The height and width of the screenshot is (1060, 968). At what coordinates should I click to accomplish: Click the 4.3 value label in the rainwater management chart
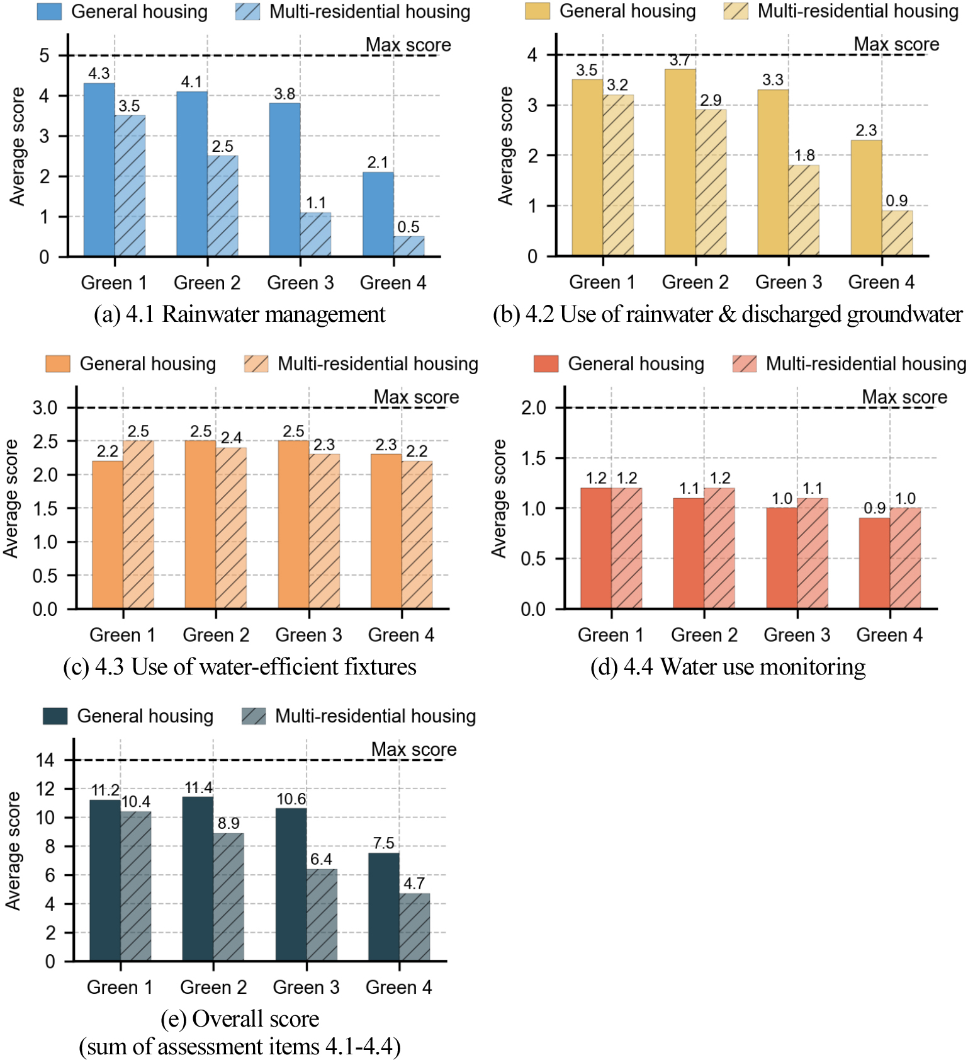point(99,73)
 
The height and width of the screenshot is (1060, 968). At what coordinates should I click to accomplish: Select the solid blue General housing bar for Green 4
point(378,214)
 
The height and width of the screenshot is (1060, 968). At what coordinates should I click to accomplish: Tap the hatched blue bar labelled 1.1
point(315,234)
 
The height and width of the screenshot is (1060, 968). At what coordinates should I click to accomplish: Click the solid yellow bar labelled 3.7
point(680,162)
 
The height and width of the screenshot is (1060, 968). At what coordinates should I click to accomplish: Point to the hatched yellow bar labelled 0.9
point(897,233)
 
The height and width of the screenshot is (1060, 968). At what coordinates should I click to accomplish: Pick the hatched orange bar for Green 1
point(138,524)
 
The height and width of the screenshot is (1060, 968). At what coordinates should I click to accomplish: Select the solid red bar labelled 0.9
point(875,563)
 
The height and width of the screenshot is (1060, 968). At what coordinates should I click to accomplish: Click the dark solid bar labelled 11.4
point(198,879)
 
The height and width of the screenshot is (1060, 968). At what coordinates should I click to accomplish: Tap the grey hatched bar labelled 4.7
point(415,927)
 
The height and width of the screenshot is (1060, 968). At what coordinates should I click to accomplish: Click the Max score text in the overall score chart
point(414,749)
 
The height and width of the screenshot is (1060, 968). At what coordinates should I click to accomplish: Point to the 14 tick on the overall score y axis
point(45,760)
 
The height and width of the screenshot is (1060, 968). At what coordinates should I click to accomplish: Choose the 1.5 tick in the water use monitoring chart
point(533,459)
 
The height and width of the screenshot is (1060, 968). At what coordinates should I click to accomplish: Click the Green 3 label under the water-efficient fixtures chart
point(308,635)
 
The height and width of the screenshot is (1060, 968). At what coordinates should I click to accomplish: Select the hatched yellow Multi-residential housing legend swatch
point(736,11)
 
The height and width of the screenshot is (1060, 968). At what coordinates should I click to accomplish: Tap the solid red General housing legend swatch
point(546,364)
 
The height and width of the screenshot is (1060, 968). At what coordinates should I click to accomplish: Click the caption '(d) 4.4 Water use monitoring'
point(728,666)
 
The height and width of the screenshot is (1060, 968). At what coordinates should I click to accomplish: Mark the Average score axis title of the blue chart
point(17,146)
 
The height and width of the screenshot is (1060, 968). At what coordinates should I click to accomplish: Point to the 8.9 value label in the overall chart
point(228,823)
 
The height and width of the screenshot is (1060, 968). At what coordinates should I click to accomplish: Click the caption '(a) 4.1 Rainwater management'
point(239,314)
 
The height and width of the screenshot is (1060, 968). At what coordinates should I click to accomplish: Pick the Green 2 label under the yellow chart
point(695,282)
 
